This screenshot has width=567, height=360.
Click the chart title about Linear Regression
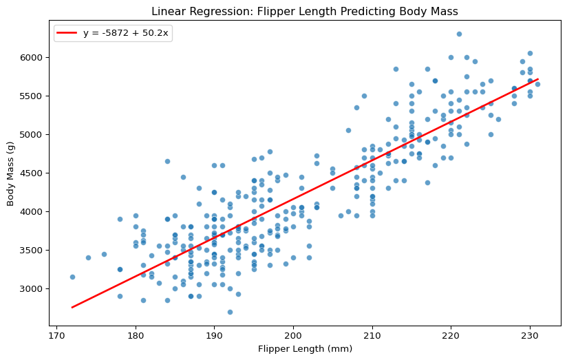pyautogui.click(x=304, y=12)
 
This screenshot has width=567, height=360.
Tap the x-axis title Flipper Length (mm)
pyautogui.click(x=304, y=348)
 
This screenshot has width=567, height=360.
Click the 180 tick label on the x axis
pyautogui.click(x=136, y=335)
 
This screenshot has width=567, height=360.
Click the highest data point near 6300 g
pyautogui.click(x=459, y=34)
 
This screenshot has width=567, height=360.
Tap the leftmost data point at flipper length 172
pyautogui.click(x=72, y=277)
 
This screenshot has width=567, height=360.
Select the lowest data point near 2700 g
pyautogui.click(x=230, y=312)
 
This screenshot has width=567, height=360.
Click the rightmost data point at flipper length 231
pyautogui.click(x=537, y=84)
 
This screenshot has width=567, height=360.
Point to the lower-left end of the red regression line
pyautogui.click(x=72, y=307)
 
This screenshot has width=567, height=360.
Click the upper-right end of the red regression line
pyautogui.click(x=537, y=79)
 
